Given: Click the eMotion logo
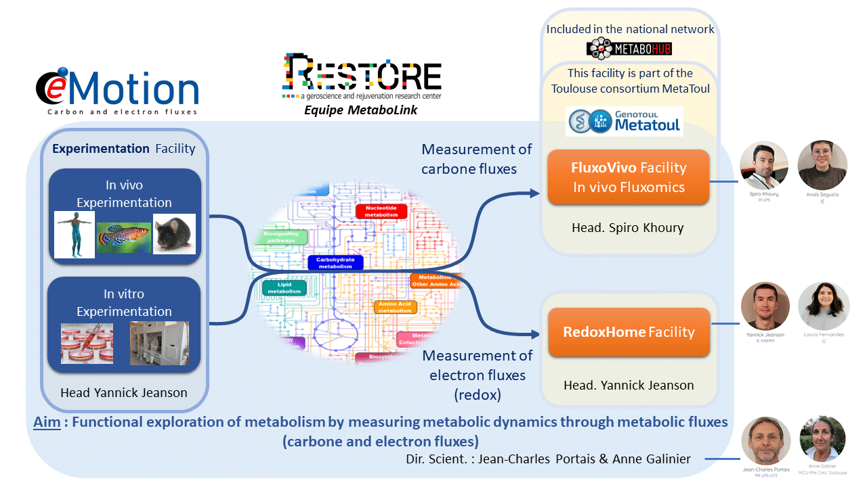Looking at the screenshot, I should tap(117, 91).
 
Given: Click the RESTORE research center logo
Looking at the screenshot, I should tap(361, 78).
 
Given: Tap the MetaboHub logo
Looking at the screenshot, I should tap(629, 48).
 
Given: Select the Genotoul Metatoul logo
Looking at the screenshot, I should tap(625, 121).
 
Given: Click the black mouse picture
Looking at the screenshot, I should tap(174, 233).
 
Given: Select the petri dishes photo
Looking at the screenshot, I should tap(87, 343).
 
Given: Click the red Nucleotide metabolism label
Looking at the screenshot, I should tap(381, 211).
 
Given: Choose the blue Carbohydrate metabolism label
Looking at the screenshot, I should tap(335, 263).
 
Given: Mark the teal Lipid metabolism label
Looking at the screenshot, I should tap(284, 288).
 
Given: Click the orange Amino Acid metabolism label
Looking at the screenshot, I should tap(396, 306).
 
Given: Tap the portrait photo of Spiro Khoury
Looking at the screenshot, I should tap(763, 165).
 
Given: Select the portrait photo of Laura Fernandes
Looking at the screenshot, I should tap(823, 306).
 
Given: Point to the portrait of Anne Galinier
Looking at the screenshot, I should tap(822, 439).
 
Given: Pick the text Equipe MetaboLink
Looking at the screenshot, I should tap(362, 110).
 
